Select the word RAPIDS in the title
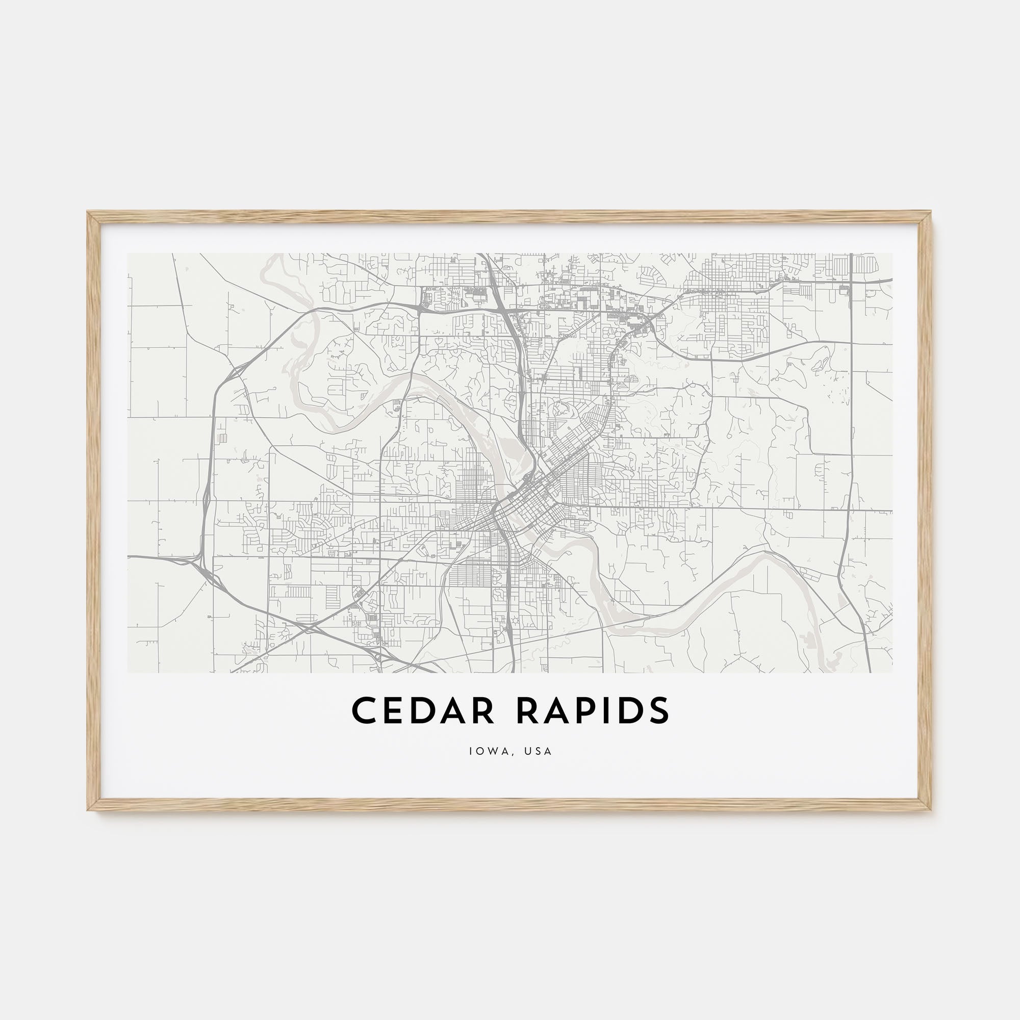(x=593, y=710)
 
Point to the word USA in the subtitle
(x=538, y=751)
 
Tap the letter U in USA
(x=526, y=751)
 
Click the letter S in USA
(x=538, y=751)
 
